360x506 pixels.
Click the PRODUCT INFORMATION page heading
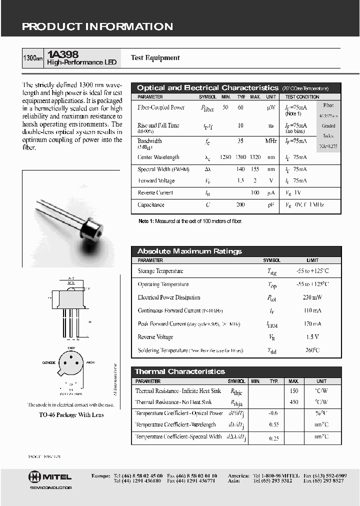(97, 27)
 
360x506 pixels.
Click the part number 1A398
(62, 54)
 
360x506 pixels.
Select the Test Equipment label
(155, 58)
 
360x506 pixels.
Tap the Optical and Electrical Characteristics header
(207, 88)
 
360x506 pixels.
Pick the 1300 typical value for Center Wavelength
(241, 157)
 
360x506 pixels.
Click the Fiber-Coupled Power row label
(161, 107)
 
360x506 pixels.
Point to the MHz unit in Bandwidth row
(271, 141)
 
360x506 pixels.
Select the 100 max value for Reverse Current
(255, 193)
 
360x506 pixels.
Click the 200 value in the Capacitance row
(240, 205)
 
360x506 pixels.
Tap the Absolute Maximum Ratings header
(189, 251)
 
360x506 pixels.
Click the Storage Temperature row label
(160, 271)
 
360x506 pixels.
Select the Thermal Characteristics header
(180, 371)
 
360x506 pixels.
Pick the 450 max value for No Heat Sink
(293, 402)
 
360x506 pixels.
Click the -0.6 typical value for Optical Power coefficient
(273, 413)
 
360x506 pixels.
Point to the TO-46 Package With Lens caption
(71, 415)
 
